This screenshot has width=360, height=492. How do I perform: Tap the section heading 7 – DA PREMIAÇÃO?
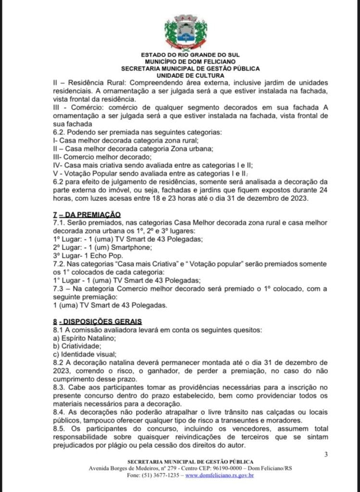(x=87, y=214)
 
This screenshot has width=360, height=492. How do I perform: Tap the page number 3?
(x=326, y=455)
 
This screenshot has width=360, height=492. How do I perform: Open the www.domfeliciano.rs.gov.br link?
(x=220, y=476)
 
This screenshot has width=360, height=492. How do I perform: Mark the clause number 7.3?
(x=59, y=288)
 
